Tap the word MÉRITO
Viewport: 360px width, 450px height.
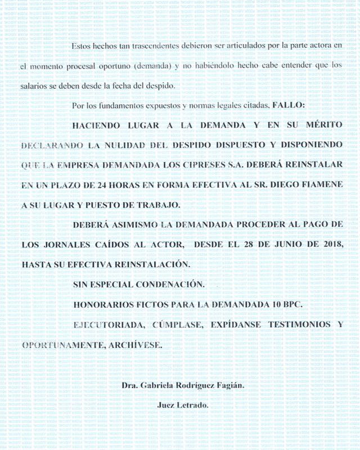point(321,126)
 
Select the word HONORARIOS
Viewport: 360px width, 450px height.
point(102,304)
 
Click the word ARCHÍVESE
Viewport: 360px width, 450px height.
point(136,344)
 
